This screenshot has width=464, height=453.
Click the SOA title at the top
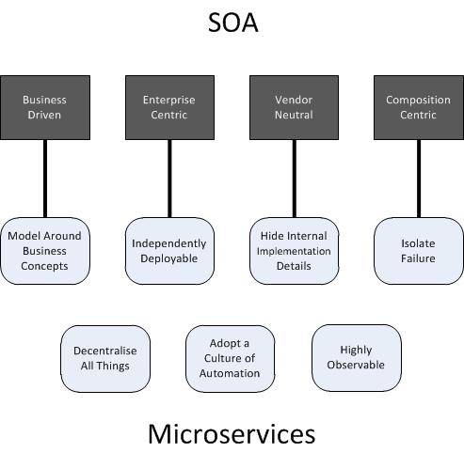[x=233, y=23]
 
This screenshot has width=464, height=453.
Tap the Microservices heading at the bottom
[x=232, y=434]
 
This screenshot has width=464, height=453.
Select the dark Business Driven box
[x=45, y=107]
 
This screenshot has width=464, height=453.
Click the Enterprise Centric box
[x=169, y=107]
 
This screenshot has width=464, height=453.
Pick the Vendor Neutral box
[x=294, y=107]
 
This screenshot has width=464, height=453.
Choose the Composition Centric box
[x=419, y=107]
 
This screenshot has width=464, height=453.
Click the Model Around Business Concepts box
[x=45, y=251]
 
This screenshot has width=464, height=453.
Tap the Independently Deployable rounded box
[x=169, y=251]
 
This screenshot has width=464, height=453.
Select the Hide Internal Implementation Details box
[x=294, y=251]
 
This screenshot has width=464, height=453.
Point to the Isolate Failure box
[x=419, y=251]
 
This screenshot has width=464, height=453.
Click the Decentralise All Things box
[x=105, y=359]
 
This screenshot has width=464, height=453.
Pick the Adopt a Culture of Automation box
[x=230, y=359]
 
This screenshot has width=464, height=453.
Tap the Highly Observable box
[x=357, y=358]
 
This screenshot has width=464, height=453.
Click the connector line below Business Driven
[x=45, y=179]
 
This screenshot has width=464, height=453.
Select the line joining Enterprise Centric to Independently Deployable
[x=169, y=179]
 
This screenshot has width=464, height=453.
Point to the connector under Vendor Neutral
[x=295, y=179]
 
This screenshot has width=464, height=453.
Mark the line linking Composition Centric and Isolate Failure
[x=419, y=179]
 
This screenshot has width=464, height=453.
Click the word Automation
[x=230, y=373]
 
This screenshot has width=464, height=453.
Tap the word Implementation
[x=294, y=251]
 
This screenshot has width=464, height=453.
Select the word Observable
[x=356, y=365]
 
